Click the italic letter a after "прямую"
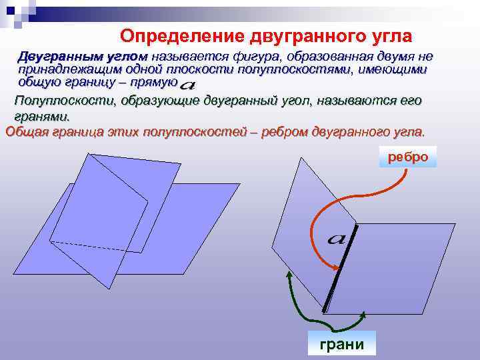188,85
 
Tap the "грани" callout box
341,344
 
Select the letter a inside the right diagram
335,238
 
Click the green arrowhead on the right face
363,313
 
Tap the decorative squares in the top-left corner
20,11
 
